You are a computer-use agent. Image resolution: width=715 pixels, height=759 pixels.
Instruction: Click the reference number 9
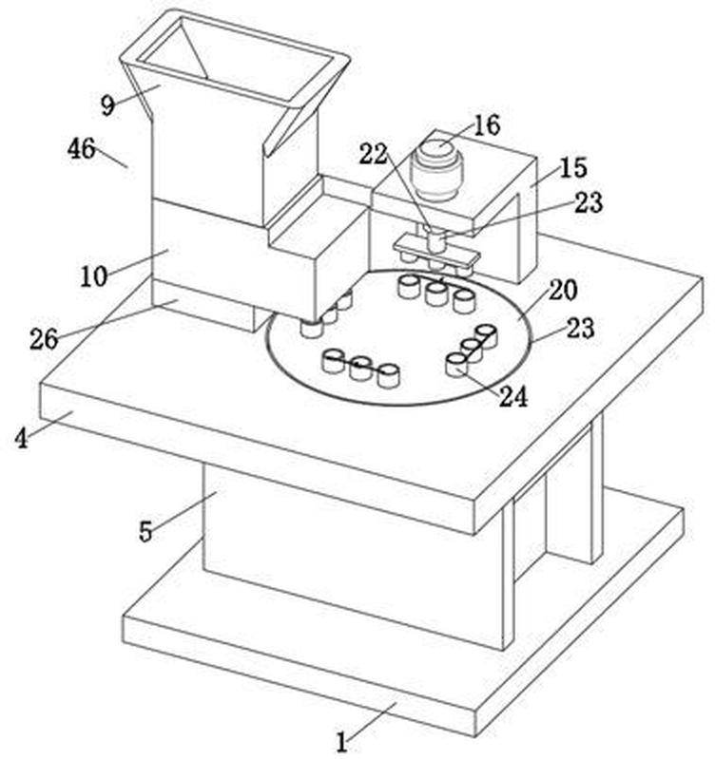click(108, 104)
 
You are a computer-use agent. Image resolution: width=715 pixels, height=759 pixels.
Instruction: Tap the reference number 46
click(82, 148)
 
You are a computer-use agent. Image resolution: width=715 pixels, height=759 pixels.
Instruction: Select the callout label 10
click(93, 276)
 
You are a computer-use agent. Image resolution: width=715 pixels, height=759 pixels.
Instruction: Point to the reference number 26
click(44, 339)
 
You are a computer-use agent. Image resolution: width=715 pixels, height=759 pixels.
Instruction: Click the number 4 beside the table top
click(21, 439)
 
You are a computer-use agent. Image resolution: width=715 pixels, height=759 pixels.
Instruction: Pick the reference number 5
click(145, 532)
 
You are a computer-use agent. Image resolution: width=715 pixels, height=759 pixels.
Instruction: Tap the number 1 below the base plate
click(342, 742)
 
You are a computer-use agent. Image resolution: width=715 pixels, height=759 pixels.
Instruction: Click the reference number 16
click(487, 125)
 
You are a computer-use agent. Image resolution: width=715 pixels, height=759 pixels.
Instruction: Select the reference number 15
click(573, 167)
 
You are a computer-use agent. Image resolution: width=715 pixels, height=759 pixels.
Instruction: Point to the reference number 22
click(374, 155)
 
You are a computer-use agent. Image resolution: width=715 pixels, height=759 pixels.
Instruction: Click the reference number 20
click(563, 290)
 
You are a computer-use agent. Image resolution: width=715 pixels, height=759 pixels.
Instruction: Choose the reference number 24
click(513, 397)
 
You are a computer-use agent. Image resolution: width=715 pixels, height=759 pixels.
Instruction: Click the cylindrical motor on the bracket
click(436, 170)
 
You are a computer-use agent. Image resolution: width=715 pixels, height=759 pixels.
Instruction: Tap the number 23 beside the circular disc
click(581, 328)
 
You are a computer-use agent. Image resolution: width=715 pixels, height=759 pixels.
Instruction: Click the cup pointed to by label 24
click(456, 365)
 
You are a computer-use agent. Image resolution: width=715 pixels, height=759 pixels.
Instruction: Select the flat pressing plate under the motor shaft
click(436, 248)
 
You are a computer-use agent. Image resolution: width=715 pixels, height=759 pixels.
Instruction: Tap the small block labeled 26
click(203, 306)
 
